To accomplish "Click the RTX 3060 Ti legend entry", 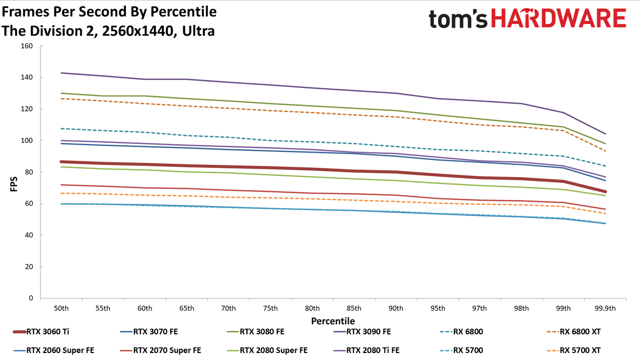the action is tap(41, 332).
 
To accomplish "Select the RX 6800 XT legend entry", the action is tap(574, 332).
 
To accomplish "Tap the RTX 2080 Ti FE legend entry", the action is tap(366, 350).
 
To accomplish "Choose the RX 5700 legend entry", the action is tap(462, 350).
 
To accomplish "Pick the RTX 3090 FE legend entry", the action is tap(362, 332).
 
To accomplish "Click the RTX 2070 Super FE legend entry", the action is tap(161, 350).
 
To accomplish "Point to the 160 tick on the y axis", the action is tap(27, 46).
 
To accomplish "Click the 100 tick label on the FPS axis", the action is tap(27, 141).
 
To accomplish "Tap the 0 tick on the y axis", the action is tap(31, 298).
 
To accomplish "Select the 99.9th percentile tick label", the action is tap(605, 308).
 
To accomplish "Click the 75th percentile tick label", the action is tap(270, 308).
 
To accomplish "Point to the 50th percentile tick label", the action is tap(61, 308).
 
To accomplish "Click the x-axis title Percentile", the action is tap(333, 321).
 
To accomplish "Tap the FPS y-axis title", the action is tap(14, 184).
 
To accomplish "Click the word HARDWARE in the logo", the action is tap(558, 18).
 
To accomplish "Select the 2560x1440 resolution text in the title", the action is tap(138, 31).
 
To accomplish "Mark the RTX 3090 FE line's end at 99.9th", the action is tap(605, 134).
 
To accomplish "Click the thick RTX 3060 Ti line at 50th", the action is tap(61, 162).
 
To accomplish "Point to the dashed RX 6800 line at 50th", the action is tap(61, 129).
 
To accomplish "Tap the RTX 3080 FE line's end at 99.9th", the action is tap(605, 143).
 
